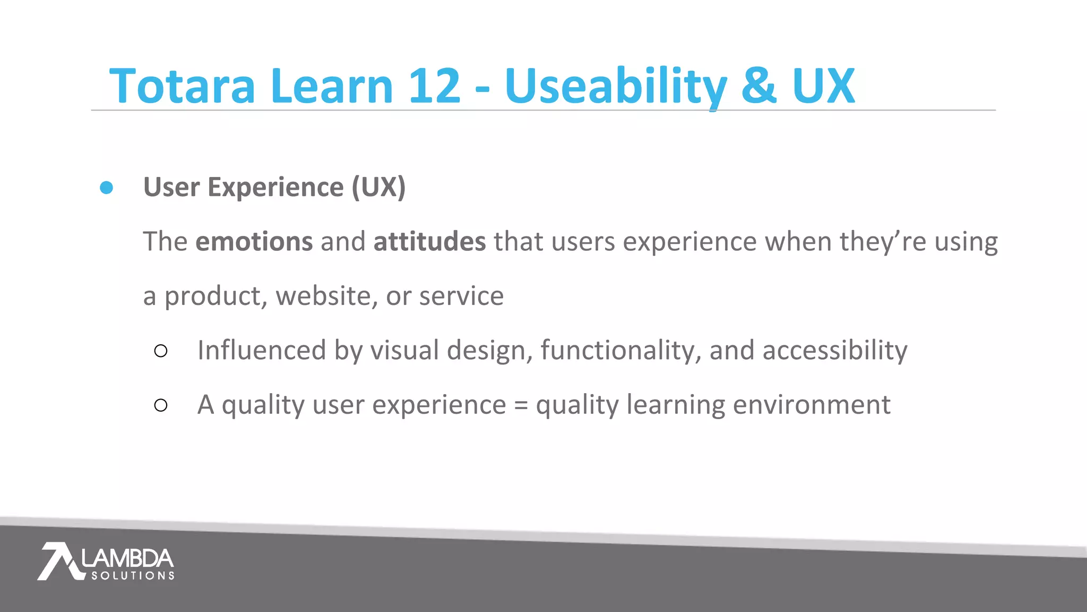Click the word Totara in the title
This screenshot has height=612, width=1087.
[x=182, y=86]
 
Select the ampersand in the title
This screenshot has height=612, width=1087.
[x=759, y=86]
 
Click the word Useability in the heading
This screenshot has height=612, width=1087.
[x=616, y=87]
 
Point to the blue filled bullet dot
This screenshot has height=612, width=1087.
[x=107, y=188]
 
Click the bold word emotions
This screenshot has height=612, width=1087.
[x=254, y=242]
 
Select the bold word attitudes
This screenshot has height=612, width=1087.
[x=429, y=242]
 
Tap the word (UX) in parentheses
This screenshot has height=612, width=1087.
[x=378, y=188]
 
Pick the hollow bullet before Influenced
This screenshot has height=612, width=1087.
[x=161, y=351]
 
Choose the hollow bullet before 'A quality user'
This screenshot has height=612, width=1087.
[x=161, y=405]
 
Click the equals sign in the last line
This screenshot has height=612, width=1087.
[x=521, y=406]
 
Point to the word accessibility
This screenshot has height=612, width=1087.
[x=835, y=351]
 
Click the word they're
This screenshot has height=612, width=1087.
[x=883, y=242]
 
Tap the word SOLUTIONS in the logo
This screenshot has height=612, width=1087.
[x=133, y=576]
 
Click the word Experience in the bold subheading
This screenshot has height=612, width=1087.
[x=275, y=188]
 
